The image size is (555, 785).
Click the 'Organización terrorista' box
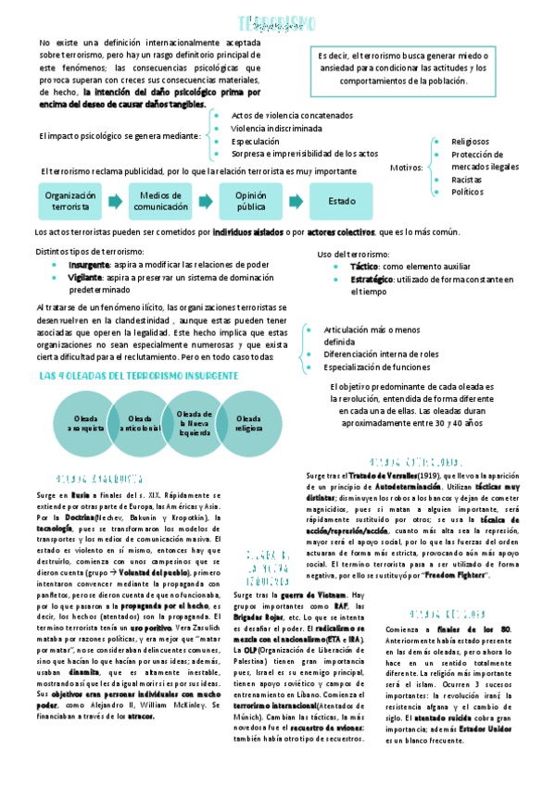pos(70,201)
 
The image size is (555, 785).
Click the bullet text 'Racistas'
pos(466,179)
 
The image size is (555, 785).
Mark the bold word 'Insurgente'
pos(88,264)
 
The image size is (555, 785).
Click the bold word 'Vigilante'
pos(84,277)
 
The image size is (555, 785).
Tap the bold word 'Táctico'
pos(363,266)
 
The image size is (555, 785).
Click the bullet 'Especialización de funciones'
pos(376,367)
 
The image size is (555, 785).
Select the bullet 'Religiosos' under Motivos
pos(470,142)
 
